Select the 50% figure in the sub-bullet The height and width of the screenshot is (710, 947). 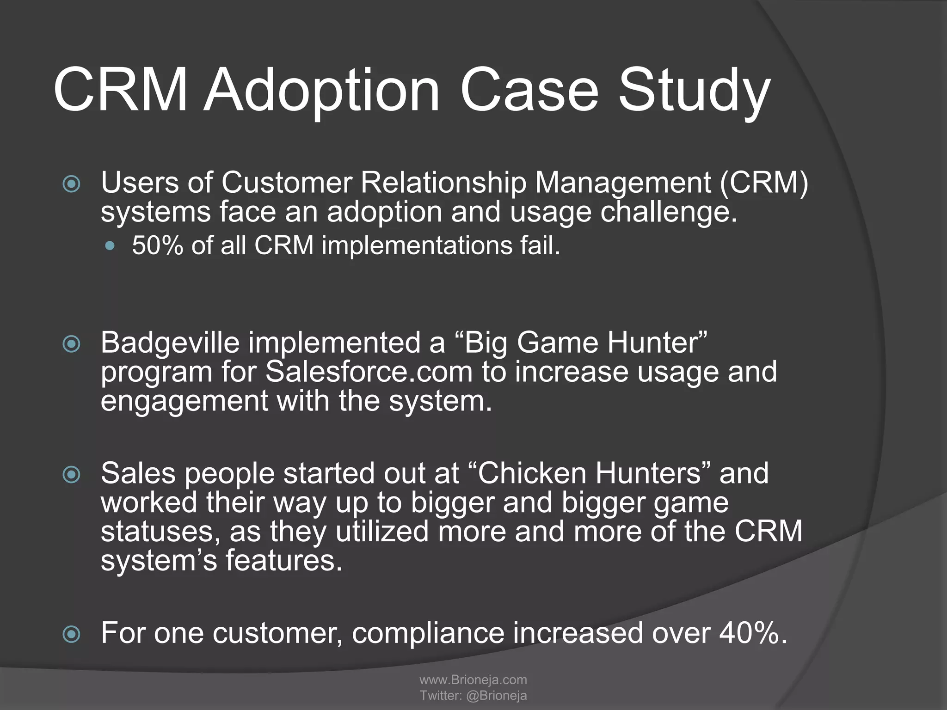pos(158,245)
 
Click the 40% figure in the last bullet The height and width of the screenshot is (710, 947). pos(749,633)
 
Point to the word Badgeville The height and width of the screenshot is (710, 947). pos(170,343)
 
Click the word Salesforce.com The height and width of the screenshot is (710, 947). pos(369,372)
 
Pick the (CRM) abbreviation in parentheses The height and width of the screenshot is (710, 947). pos(763,183)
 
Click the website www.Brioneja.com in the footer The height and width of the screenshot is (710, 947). pos(473,679)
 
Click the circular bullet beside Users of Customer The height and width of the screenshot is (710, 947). pos(71,184)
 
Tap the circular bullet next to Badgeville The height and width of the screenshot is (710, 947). pos(71,344)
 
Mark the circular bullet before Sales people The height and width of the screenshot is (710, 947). pos(71,475)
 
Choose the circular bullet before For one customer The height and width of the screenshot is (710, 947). pos(71,635)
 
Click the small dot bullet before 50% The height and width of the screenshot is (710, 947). pos(110,246)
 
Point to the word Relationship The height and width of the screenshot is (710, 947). pos(443,183)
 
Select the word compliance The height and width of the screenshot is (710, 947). pos(428,633)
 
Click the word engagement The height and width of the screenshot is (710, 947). pos(184,401)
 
